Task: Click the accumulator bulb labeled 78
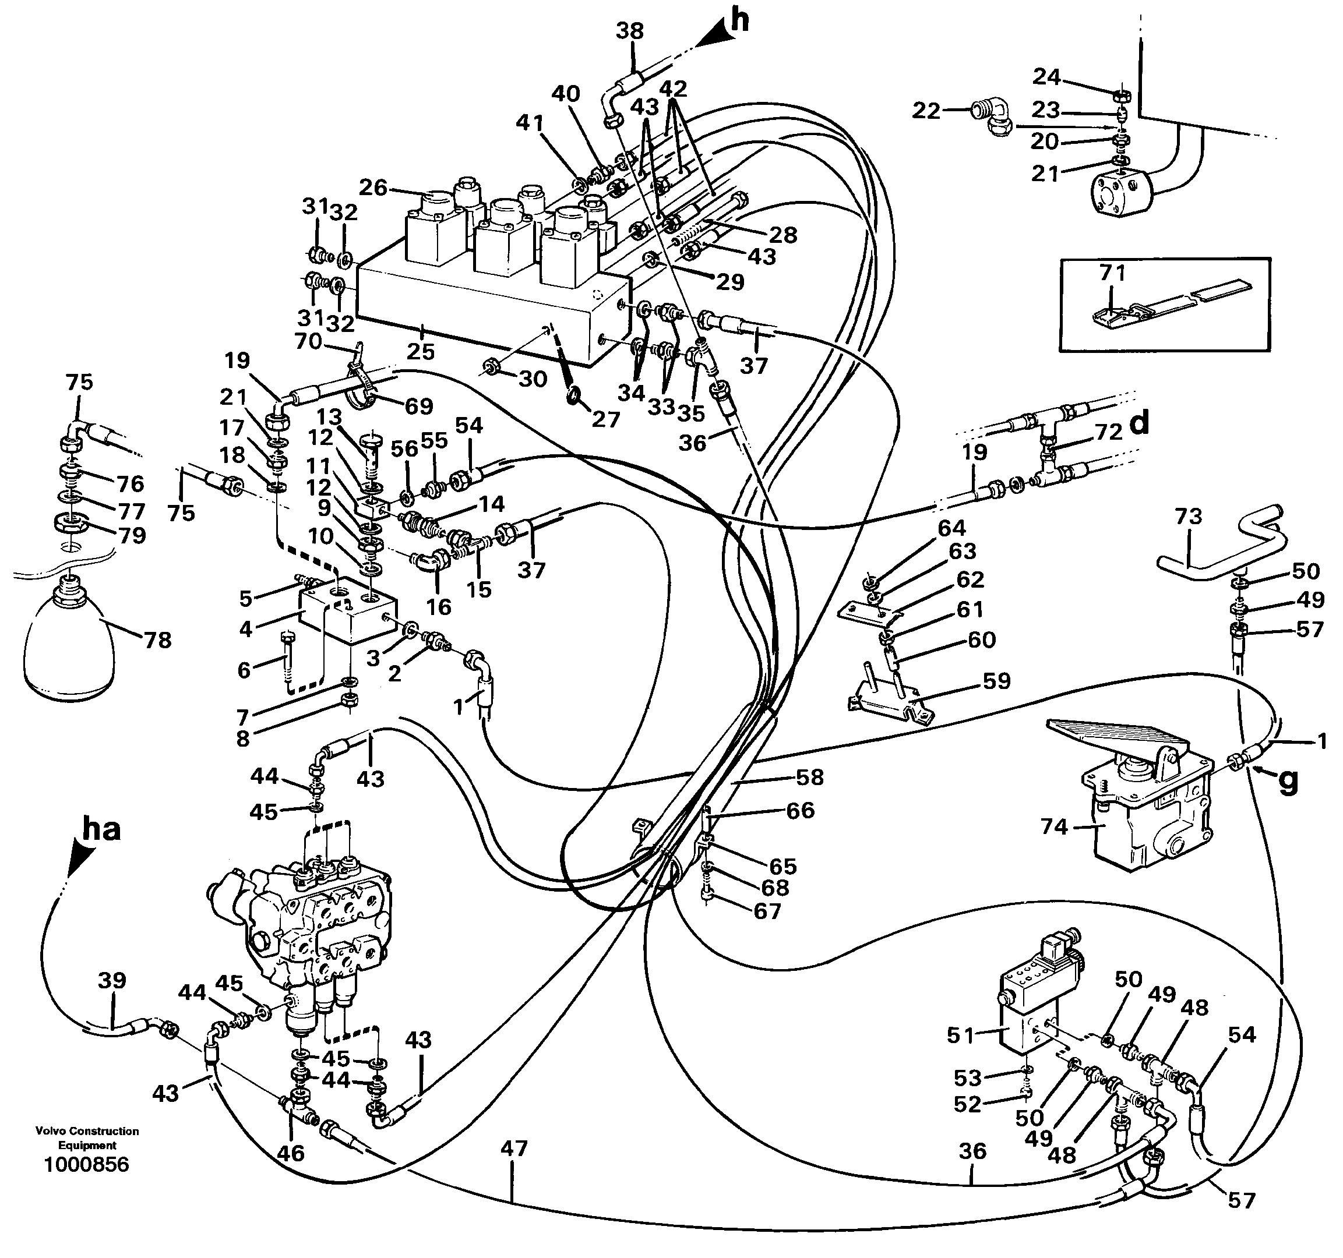[x=66, y=645]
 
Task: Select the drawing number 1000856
[x=86, y=1165]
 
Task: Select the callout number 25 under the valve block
[x=420, y=351]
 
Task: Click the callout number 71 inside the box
[x=1112, y=273]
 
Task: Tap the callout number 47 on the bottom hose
[x=513, y=1149]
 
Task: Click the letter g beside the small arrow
[x=1288, y=781]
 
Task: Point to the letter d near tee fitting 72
[x=1140, y=424]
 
